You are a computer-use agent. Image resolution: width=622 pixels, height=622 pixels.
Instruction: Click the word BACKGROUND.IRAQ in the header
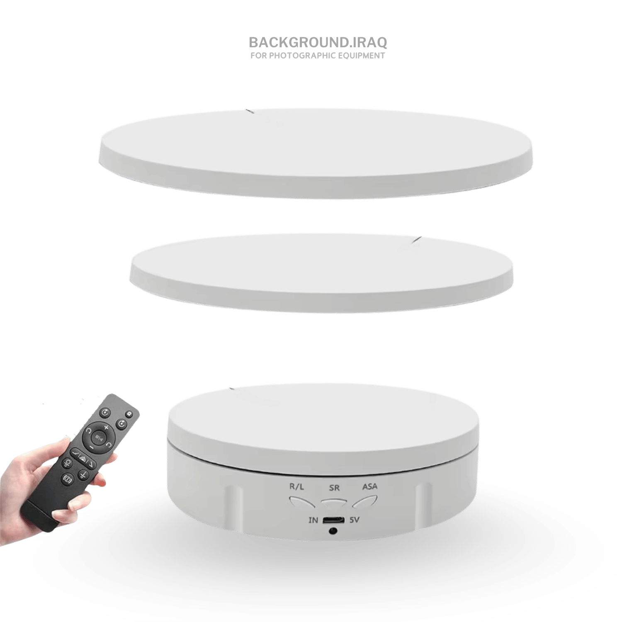click(318, 42)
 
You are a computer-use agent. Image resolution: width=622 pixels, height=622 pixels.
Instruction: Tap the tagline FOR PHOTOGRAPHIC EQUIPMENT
click(318, 56)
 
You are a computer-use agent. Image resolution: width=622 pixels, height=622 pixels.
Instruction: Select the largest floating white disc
click(316, 153)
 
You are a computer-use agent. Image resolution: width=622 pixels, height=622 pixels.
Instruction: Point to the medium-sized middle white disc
click(322, 272)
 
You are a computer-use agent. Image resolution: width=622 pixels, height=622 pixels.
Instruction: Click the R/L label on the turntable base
click(296, 486)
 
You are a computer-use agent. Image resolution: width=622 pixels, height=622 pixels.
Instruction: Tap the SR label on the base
click(334, 488)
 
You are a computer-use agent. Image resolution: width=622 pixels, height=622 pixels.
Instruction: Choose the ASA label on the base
click(370, 486)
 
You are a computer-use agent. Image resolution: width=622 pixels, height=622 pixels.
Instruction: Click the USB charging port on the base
click(334, 520)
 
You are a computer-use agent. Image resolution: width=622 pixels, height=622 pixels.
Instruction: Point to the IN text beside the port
click(313, 520)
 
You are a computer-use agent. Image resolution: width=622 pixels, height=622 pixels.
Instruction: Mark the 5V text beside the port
click(354, 520)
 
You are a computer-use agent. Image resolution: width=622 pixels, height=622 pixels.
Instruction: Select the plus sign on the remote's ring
click(107, 427)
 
